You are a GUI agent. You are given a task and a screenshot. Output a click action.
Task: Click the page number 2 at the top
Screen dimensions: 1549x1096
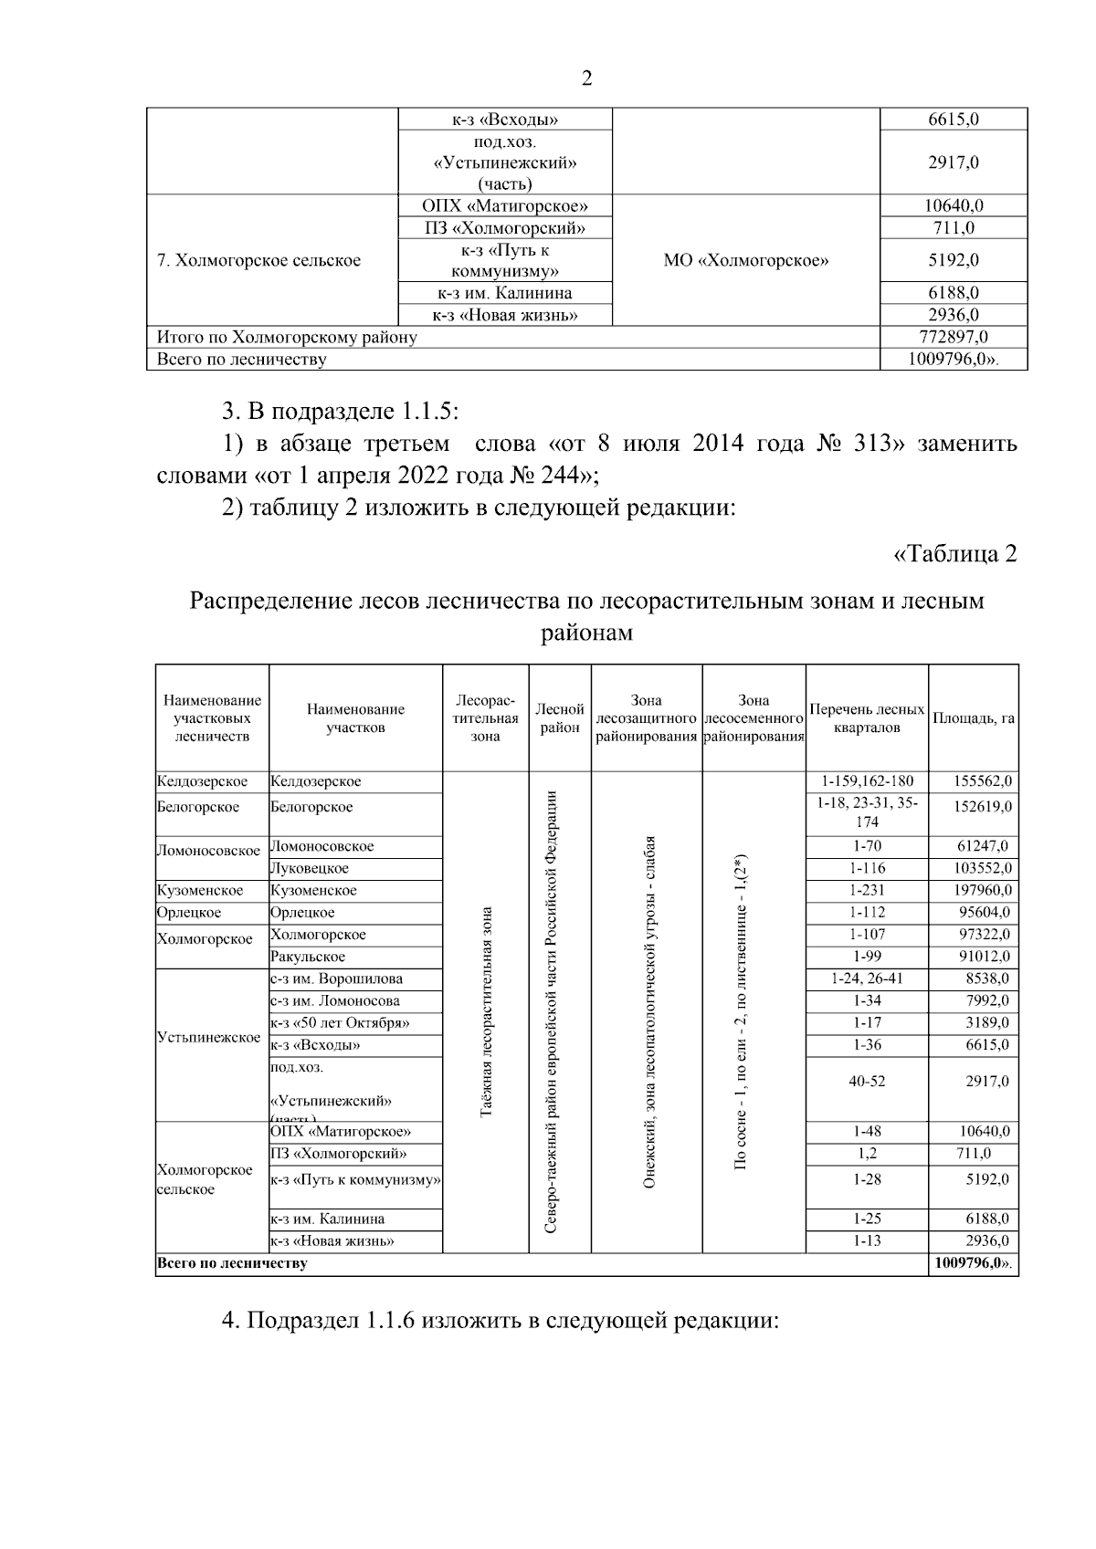586,78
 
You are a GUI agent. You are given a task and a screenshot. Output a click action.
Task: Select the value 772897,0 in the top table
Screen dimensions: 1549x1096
953,337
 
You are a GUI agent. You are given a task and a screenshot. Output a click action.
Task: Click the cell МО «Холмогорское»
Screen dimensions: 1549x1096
745,261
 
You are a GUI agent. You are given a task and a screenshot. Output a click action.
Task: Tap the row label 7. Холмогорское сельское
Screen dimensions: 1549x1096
259,261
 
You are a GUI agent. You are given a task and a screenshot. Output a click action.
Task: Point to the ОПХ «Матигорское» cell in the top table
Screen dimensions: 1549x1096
505,206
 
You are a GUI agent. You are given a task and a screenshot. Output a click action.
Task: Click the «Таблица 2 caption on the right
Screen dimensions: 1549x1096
954,554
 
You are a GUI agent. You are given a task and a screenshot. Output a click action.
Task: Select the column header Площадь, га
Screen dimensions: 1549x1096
974,719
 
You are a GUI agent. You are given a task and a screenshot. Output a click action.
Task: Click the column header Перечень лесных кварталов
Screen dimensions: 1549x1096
867,719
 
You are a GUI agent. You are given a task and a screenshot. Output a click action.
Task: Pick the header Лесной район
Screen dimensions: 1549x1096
559,719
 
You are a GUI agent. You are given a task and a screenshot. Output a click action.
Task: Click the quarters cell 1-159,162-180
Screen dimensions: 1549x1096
867,782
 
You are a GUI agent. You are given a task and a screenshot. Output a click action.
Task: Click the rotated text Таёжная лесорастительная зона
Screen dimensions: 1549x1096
486,1011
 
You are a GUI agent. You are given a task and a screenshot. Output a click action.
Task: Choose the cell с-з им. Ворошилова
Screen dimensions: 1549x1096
337,979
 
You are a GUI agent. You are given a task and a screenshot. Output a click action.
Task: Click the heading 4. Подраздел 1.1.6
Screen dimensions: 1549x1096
501,1322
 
